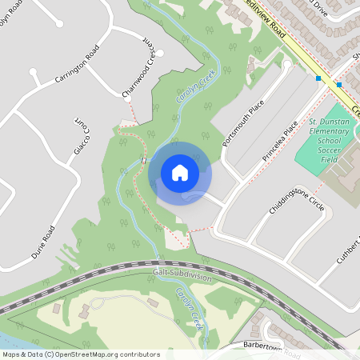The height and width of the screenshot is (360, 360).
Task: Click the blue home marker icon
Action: pos(180,173)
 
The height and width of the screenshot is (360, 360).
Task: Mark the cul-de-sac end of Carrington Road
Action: pos(34,73)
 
